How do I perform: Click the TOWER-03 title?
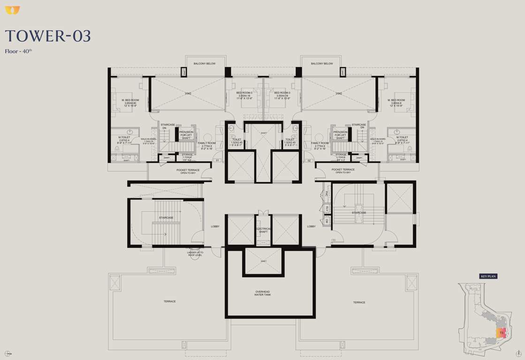(48, 36)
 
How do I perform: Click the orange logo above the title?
(13, 10)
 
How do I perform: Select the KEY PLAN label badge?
(488, 277)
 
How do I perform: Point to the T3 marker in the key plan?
(502, 333)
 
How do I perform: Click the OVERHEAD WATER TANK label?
(262, 293)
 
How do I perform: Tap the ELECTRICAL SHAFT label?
(263, 230)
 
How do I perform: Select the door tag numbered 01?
(217, 161)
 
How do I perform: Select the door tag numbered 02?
(309, 161)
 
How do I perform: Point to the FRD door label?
(334, 240)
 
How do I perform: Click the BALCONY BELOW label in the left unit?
(205, 63)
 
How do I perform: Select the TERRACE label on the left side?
(169, 301)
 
